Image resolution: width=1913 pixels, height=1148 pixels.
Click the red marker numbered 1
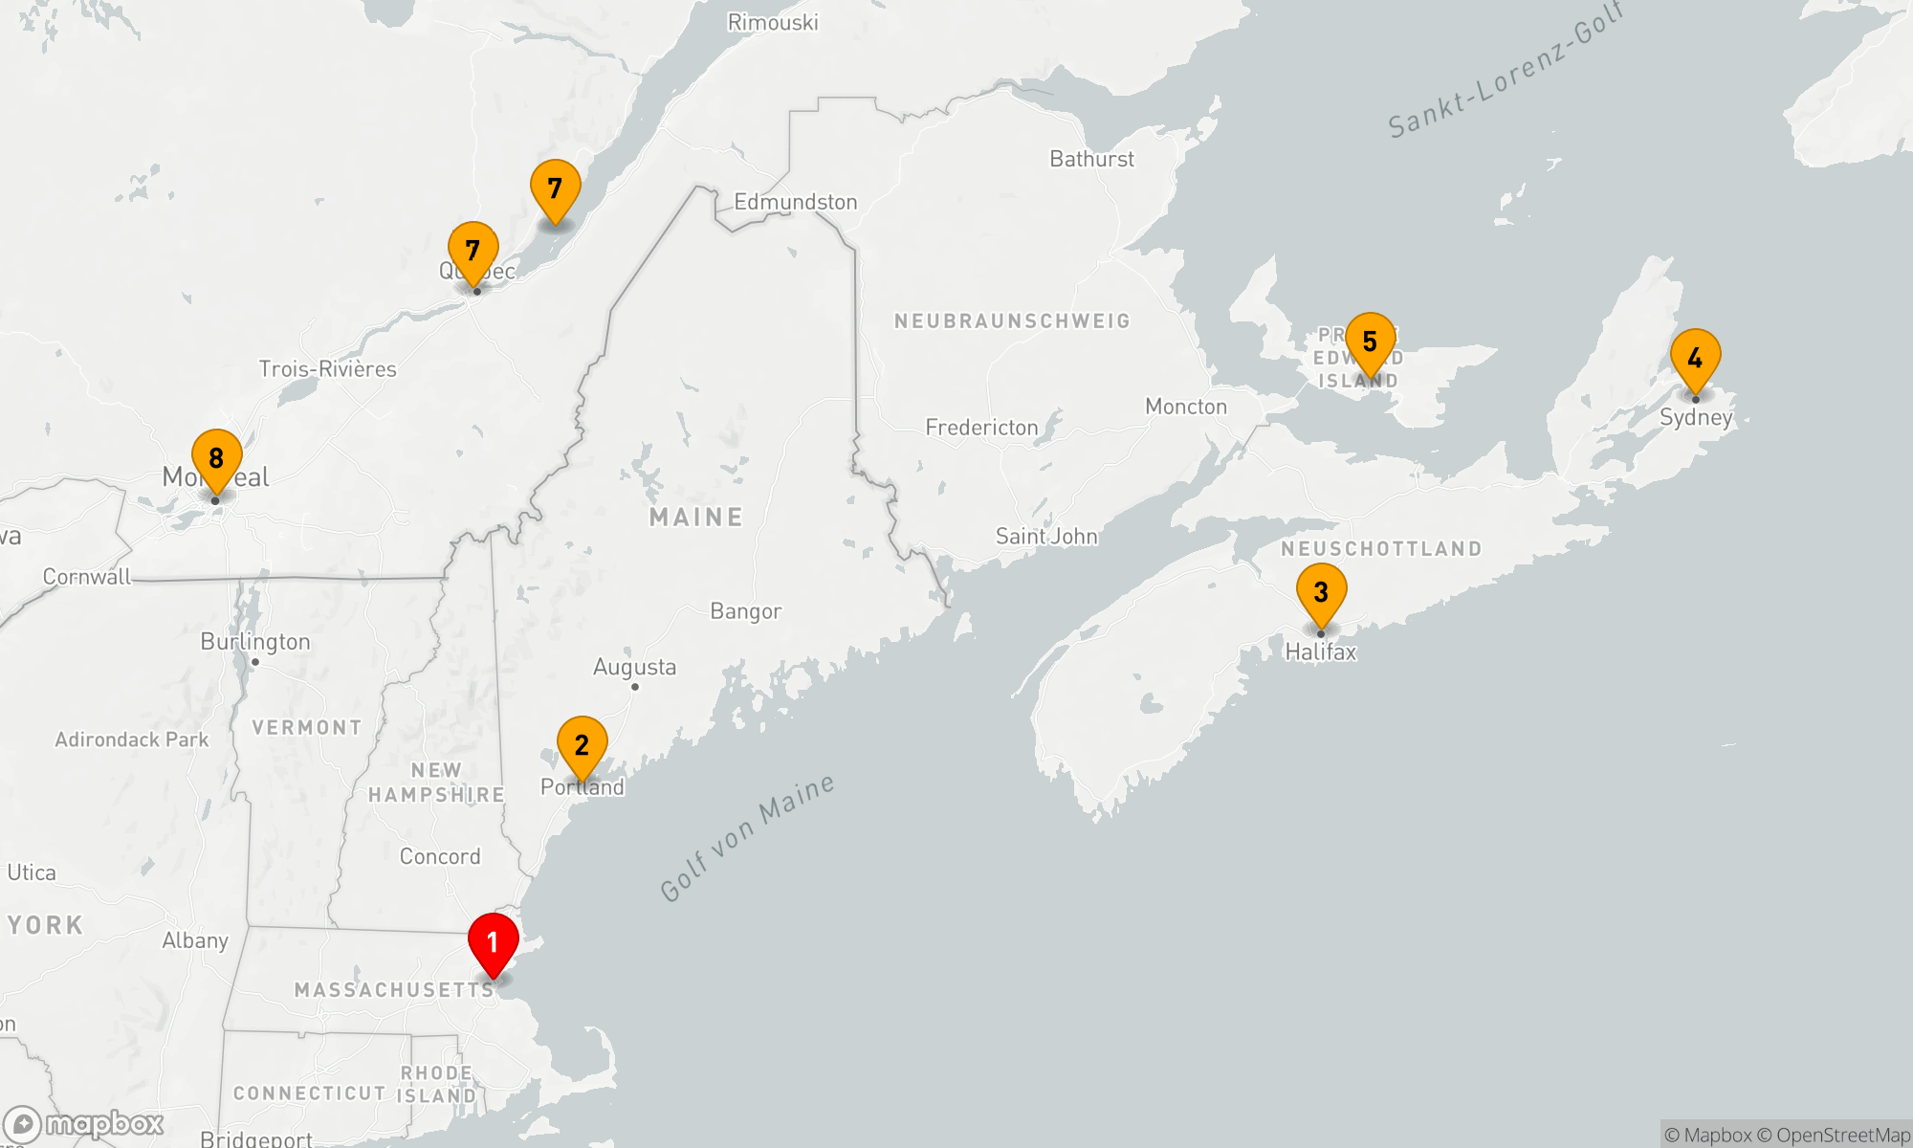click(x=493, y=943)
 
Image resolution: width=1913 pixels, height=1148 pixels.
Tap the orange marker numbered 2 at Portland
click(x=582, y=746)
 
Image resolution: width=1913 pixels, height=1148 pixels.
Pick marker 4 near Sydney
click(x=1695, y=360)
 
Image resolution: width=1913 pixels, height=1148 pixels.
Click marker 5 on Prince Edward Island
click(x=1370, y=342)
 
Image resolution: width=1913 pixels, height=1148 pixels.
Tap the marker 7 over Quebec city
click(x=473, y=252)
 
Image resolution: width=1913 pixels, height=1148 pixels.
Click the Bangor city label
click(x=745, y=611)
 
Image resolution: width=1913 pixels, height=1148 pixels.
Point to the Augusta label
click(x=634, y=667)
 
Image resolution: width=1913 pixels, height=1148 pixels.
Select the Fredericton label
click(x=981, y=428)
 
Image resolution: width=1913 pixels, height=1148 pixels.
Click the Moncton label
click(x=1186, y=407)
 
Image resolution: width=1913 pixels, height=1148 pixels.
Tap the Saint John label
click(x=1046, y=537)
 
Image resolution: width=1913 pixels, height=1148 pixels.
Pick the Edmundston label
click(x=795, y=202)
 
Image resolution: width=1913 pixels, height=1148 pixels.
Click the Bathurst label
click(x=1091, y=159)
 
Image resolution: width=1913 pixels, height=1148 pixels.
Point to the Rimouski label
click(x=773, y=22)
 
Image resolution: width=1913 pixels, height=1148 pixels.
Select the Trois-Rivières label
click(x=327, y=369)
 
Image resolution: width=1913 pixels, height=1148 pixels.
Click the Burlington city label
click(x=255, y=642)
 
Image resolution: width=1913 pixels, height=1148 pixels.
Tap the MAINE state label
click(x=696, y=518)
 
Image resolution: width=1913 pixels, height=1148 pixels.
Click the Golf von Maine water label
click(x=747, y=838)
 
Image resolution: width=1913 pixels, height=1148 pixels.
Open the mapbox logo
click(x=84, y=1124)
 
